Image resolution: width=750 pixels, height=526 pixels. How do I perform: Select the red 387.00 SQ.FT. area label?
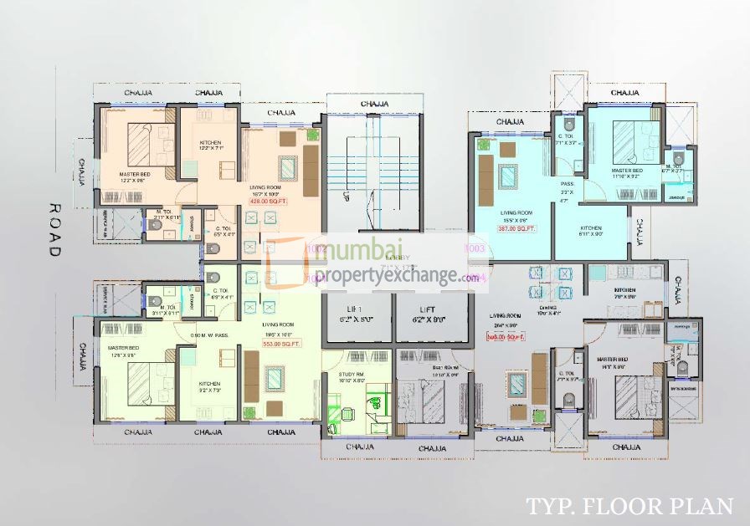pyautogui.click(x=514, y=228)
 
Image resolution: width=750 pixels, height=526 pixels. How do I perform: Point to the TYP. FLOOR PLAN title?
pyautogui.click(x=629, y=506)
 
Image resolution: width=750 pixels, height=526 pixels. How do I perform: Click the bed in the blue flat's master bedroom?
pyautogui.click(x=628, y=141)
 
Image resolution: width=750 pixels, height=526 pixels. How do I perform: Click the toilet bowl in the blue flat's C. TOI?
pyautogui.click(x=568, y=125)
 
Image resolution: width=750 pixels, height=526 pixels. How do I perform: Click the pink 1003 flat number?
pyautogui.click(x=474, y=248)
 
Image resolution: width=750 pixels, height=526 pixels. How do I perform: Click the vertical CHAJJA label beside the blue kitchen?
pyautogui.click(x=639, y=232)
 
